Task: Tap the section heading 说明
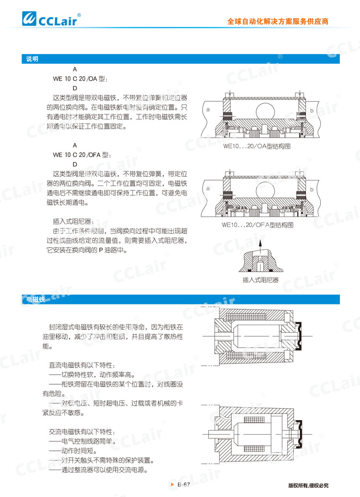32,59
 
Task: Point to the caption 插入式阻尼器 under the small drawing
261,280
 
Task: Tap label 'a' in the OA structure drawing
208,110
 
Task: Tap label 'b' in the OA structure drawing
312,110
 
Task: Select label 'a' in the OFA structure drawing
208,189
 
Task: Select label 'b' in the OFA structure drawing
312,190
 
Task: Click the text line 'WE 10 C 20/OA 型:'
80,79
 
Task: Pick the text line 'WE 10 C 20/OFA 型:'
82,155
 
